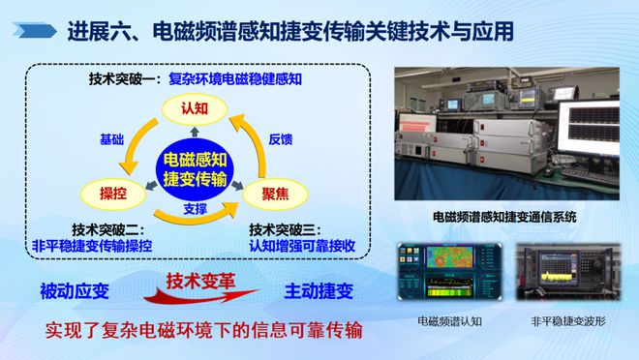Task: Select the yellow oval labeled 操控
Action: [107, 192]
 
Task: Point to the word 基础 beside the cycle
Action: [112, 139]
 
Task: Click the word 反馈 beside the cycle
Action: [280, 139]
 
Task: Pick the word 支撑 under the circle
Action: [198, 209]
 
